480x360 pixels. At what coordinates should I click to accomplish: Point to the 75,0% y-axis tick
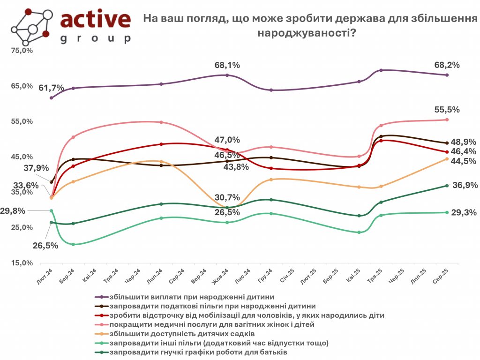[x=22, y=51]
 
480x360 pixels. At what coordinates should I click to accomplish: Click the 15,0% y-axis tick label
[x=22, y=263]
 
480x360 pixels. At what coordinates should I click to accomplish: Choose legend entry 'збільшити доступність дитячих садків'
[x=182, y=334]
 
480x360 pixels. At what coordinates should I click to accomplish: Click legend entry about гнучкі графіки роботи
[x=197, y=352]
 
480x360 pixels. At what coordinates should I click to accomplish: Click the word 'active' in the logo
[x=96, y=19]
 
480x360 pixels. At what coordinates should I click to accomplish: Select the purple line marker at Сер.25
[x=447, y=75]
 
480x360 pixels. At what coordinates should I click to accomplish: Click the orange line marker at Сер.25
[x=447, y=159]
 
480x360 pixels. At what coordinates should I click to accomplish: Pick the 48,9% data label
[x=464, y=142]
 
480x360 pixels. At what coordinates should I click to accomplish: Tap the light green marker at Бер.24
[x=74, y=244]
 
